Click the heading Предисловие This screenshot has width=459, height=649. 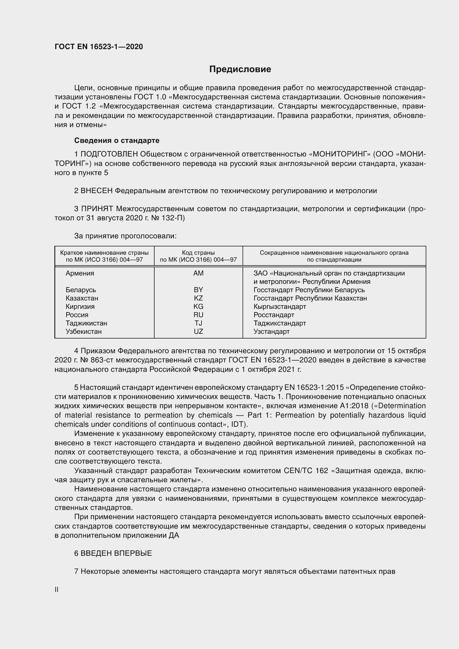(x=240, y=69)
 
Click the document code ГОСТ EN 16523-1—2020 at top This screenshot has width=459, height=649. (x=99, y=47)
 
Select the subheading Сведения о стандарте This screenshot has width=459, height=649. (x=117, y=140)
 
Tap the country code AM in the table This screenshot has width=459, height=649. (x=198, y=273)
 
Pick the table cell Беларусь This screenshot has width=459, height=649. (x=81, y=290)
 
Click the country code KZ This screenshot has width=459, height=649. (x=198, y=298)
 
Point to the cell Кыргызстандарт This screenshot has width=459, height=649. (x=279, y=307)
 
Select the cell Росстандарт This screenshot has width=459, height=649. (x=274, y=315)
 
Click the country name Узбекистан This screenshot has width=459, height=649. (x=83, y=332)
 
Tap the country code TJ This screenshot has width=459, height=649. (x=198, y=323)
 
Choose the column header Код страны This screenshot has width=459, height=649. (x=198, y=253)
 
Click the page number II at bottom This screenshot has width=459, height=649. (x=57, y=590)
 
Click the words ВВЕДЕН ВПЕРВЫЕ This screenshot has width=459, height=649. (x=116, y=554)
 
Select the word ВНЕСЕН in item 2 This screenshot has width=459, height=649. (x=97, y=191)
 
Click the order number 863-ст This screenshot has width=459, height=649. (x=102, y=360)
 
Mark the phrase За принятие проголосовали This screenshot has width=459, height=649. (x=125, y=236)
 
